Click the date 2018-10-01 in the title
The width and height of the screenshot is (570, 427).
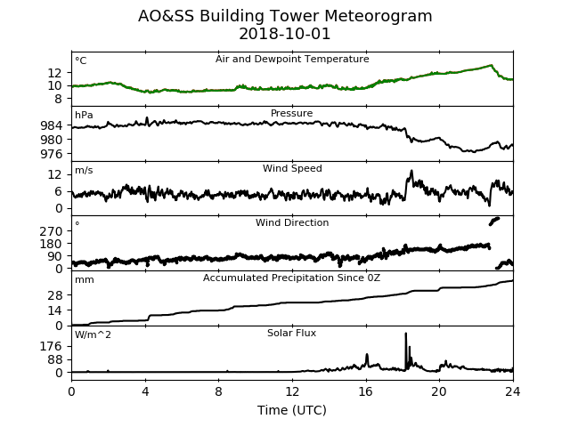click(x=285, y=34)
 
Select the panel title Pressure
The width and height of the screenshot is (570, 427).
click(x=291, y=113)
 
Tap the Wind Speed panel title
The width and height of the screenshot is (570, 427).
click(x=292, y=168)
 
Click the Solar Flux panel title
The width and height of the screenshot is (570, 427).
click(x=291, y=333)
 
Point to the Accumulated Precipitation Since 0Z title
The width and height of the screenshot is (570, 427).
click(x=291, y=278)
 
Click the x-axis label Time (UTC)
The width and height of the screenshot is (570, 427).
click(x=292, y=410)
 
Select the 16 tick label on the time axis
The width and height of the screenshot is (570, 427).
click(x=366, y=391)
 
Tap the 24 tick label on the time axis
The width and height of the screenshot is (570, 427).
click(x=513, y=391)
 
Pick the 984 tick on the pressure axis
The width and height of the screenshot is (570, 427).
click(x=52, y=125)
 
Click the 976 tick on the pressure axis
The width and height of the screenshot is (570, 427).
click(x=52, y=154)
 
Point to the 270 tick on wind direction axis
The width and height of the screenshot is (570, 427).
click(x=52, y=231)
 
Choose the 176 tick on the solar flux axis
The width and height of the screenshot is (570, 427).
click(x=52, y=346)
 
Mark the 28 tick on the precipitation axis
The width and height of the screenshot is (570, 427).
click(x=55, y=295)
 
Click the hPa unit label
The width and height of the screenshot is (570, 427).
click(x=84, y=115)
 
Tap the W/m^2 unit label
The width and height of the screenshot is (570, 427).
click(x=93, y=334)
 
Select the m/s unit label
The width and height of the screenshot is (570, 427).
click(x=84, y=170)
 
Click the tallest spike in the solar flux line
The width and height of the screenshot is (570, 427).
click(x=406, y=334)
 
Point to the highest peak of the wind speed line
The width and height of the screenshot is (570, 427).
click(x=411, y=170)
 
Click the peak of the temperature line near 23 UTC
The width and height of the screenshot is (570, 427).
click(x=491, y=65)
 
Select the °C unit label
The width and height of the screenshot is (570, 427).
click(x=81, y=60)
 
